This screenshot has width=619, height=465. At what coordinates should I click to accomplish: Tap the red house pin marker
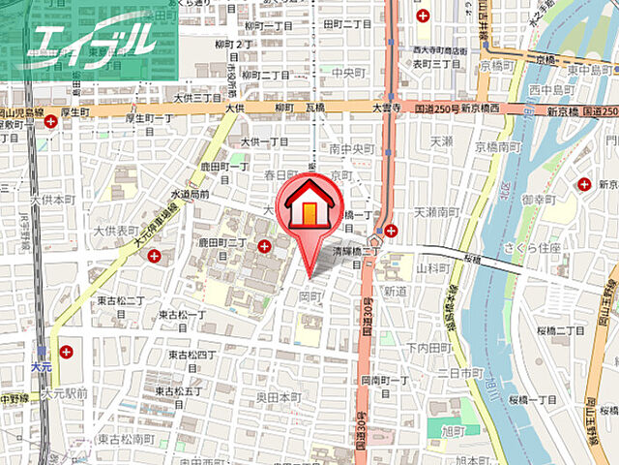[x=309, y=214]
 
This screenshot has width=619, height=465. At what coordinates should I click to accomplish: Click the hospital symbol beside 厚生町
[x=50, y=122]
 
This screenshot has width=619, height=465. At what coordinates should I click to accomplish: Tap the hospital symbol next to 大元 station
[x=65, y=352]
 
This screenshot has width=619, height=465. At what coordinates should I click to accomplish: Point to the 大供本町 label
[x=52, y=199]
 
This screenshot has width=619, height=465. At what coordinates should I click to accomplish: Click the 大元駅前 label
[x=65, y=393]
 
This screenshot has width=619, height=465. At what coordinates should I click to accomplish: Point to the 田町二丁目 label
[x=348, y=25]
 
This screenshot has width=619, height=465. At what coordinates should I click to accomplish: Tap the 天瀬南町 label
[x=436, y=210]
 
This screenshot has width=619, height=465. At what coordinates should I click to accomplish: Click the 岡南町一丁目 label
[x=386, y=381]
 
